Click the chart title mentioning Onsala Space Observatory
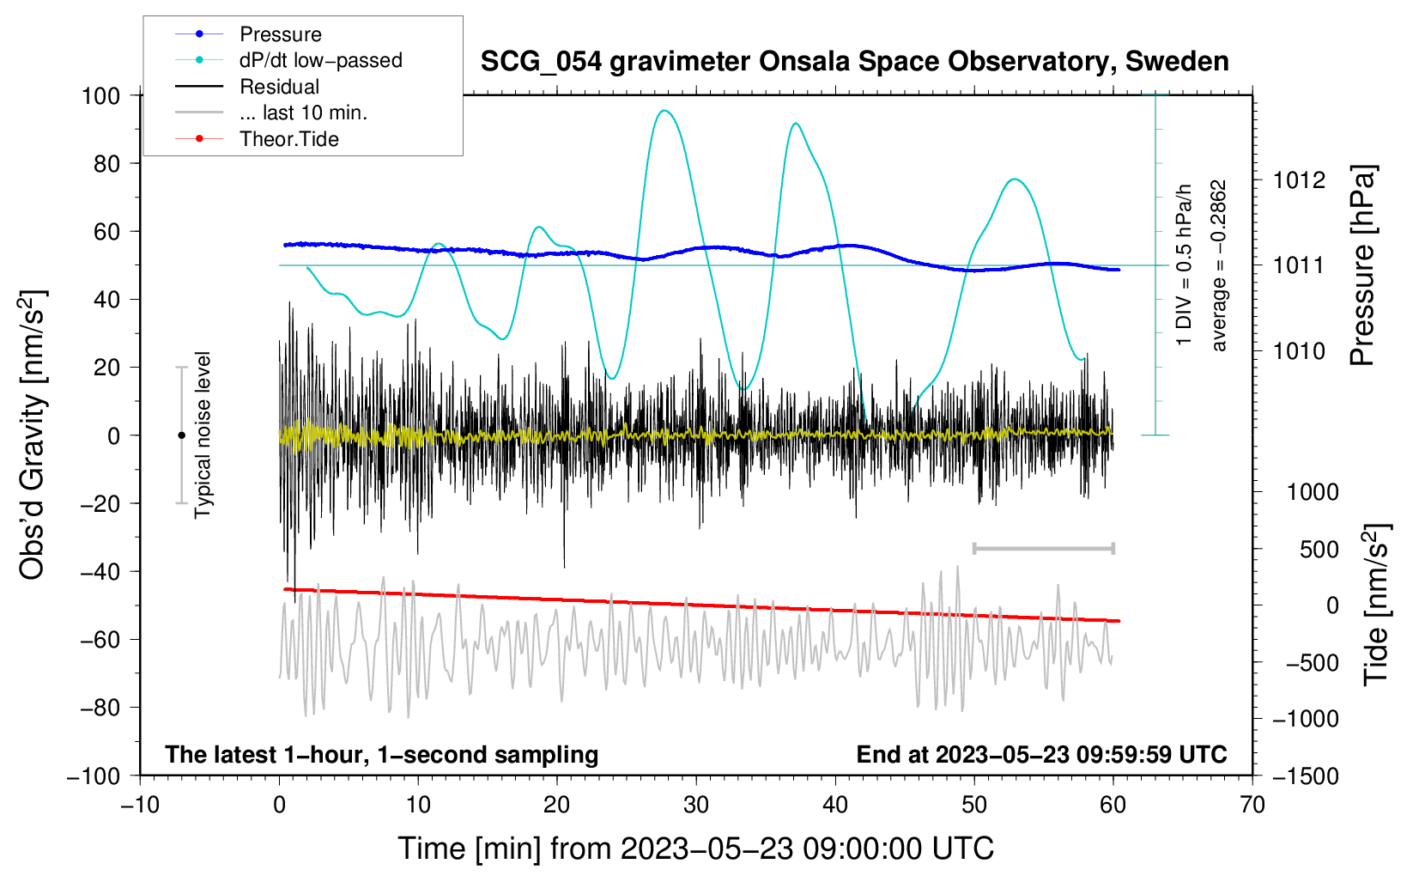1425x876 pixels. coord(854,62)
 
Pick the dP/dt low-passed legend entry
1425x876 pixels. coord(320,60)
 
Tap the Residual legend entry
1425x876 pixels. coord(279,87)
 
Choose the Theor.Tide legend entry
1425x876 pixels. coord(288,139)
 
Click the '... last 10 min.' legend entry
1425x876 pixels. coord(303,113)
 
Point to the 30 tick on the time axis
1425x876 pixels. coord(696,805)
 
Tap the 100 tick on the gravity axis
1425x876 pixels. coord(100,95)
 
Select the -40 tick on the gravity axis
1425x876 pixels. coord(100,571)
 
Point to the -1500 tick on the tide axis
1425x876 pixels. coord(1306,776)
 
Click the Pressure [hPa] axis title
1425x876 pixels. coord(1362,266)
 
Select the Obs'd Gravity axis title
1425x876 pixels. coord(33,435)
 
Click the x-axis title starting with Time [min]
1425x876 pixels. coord(696,849)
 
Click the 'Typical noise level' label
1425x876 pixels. coord(203,435)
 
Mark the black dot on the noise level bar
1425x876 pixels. coord(181,435)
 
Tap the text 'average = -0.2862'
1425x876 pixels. coord(1219,266)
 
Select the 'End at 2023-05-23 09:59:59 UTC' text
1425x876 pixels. coord(1041,754)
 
